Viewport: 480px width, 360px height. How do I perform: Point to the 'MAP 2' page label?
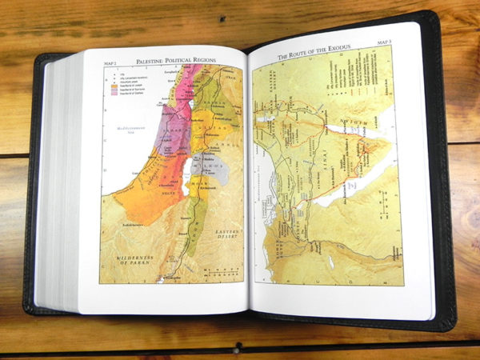pos(113,61)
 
